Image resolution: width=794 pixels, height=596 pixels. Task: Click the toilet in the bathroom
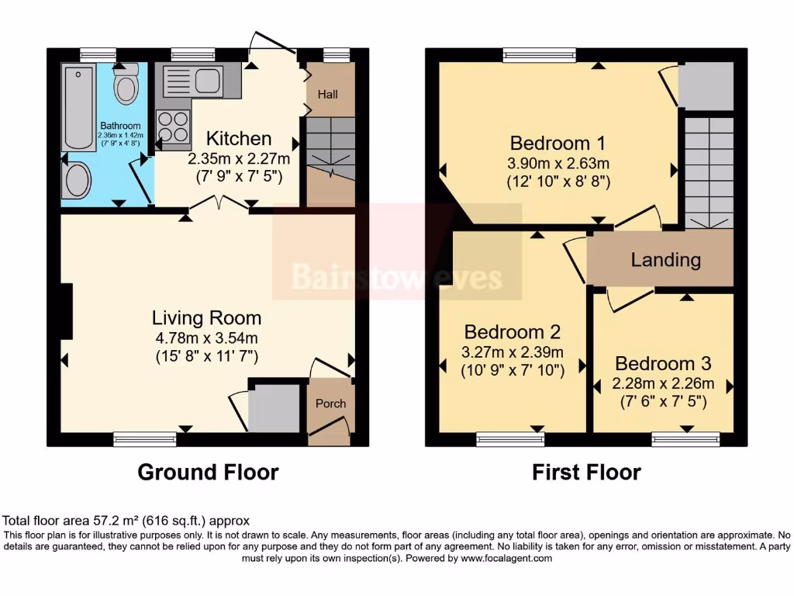pos(126,85)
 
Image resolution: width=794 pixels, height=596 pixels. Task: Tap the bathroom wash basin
pos(76,180)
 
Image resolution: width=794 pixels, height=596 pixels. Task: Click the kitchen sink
pos(192,81)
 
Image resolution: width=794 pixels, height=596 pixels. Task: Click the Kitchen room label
pos(239,139)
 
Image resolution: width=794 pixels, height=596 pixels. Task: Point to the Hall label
pos(329,95)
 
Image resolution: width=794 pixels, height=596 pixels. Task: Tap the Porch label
pos(330,404)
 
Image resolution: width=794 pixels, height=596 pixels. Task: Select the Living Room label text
pos(206,317)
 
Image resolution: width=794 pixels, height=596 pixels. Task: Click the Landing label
pos(665,260)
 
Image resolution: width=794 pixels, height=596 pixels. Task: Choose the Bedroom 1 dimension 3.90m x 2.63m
pos(559,164)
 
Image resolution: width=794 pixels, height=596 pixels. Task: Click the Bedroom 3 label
pos(663,363)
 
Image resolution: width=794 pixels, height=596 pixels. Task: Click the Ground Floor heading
pos(208,472)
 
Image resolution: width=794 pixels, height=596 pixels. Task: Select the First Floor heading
pos(587,472)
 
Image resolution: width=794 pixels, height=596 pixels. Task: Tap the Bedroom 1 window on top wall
pos(539,54)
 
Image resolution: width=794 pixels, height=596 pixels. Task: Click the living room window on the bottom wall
pos(145,440)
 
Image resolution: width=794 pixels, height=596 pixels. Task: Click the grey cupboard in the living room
pos(273,408)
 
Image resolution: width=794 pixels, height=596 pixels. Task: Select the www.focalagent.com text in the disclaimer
pos(506,558)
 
